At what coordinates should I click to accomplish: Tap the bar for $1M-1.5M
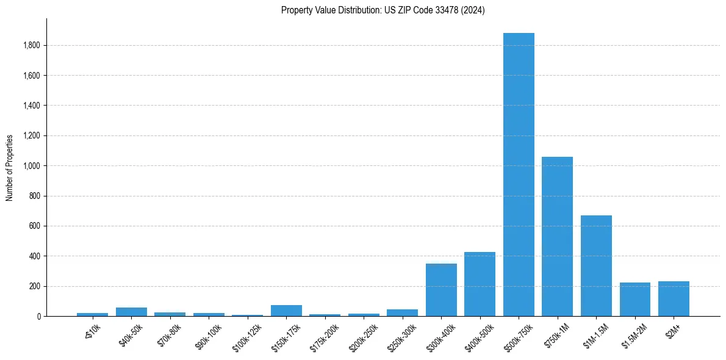(596, 266)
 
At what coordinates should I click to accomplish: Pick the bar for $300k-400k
(441, 290)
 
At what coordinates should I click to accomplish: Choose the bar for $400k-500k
(480, 284)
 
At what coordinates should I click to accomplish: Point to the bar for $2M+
(674, 299)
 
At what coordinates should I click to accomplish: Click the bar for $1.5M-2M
(634, 300)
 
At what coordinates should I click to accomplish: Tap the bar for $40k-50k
(131, 312)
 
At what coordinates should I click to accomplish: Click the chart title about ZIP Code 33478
(383, 10)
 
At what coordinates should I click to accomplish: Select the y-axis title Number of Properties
(10, 168)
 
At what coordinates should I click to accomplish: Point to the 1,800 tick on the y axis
(32, 45)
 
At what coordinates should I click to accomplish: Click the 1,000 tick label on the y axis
(32, 166)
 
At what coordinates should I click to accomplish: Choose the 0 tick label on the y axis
(38, 317)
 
